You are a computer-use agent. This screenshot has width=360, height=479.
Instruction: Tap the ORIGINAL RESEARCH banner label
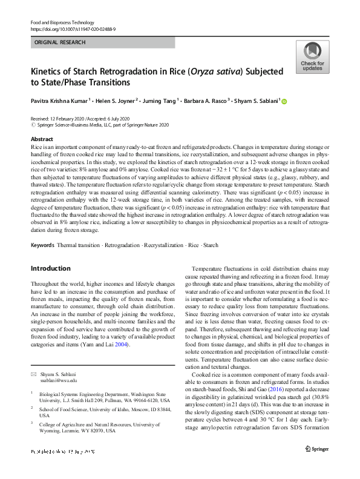pyautogui.click(x=60, y=42)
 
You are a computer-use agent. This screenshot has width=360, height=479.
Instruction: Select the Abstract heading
pyautogui.click(x=42, y=139)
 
